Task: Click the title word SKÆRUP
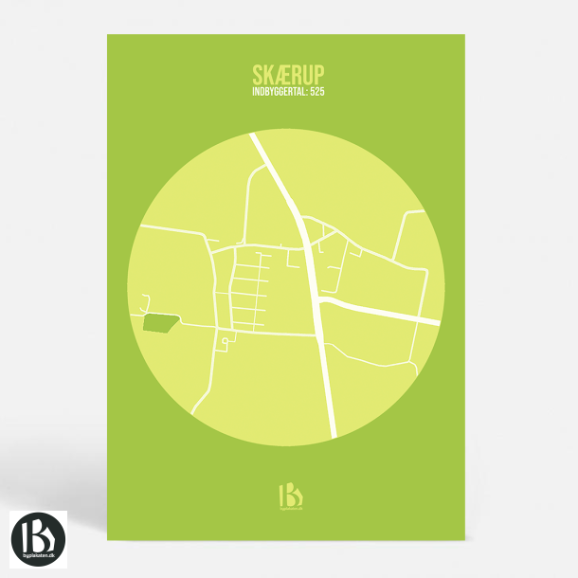pos(288,74)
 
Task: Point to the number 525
pos(317,93)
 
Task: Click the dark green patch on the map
pos(159,323)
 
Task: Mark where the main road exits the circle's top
pos(254,135)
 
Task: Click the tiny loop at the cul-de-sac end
pos(225,341)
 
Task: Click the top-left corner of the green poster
pos(108,36)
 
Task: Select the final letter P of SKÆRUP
pos(317,74)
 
